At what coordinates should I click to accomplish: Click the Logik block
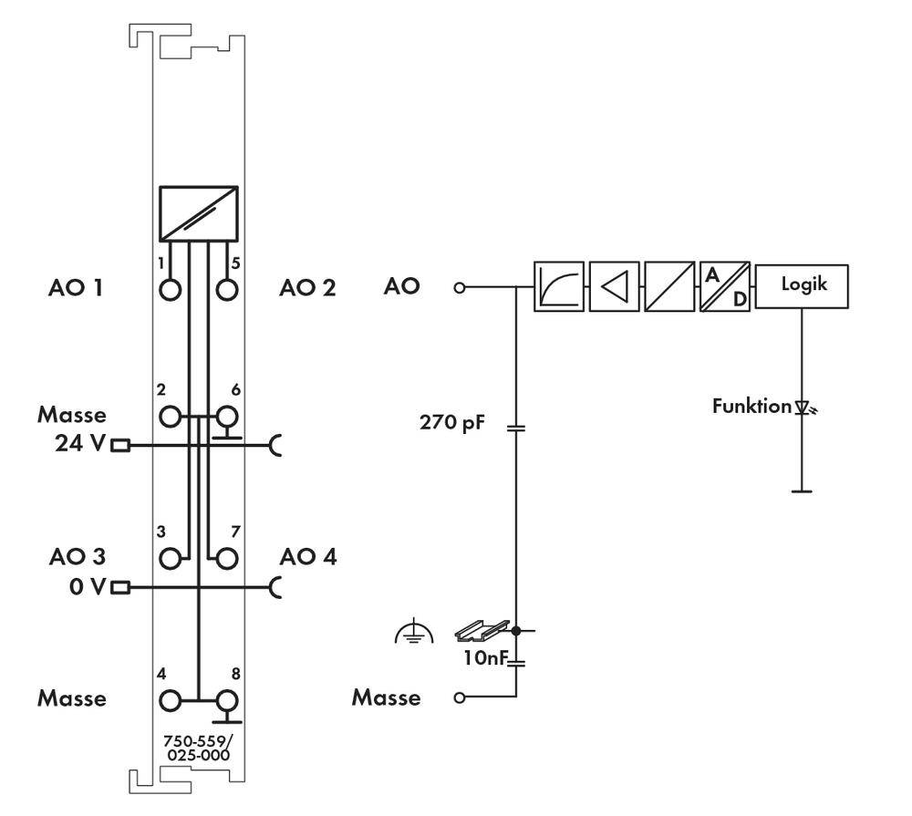click(x=802, y=286)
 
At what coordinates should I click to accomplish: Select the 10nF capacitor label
click(x=483, y=656)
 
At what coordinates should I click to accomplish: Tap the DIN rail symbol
click(x=482, y=629)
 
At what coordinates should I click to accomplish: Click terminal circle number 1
click(x=170, y=289)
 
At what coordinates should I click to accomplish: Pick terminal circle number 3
click(x=170, y=558)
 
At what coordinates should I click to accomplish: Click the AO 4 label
click(x=308, y=556)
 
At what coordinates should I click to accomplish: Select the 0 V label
click(x=87, y=586)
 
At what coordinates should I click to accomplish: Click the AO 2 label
click(x=307, y=288)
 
